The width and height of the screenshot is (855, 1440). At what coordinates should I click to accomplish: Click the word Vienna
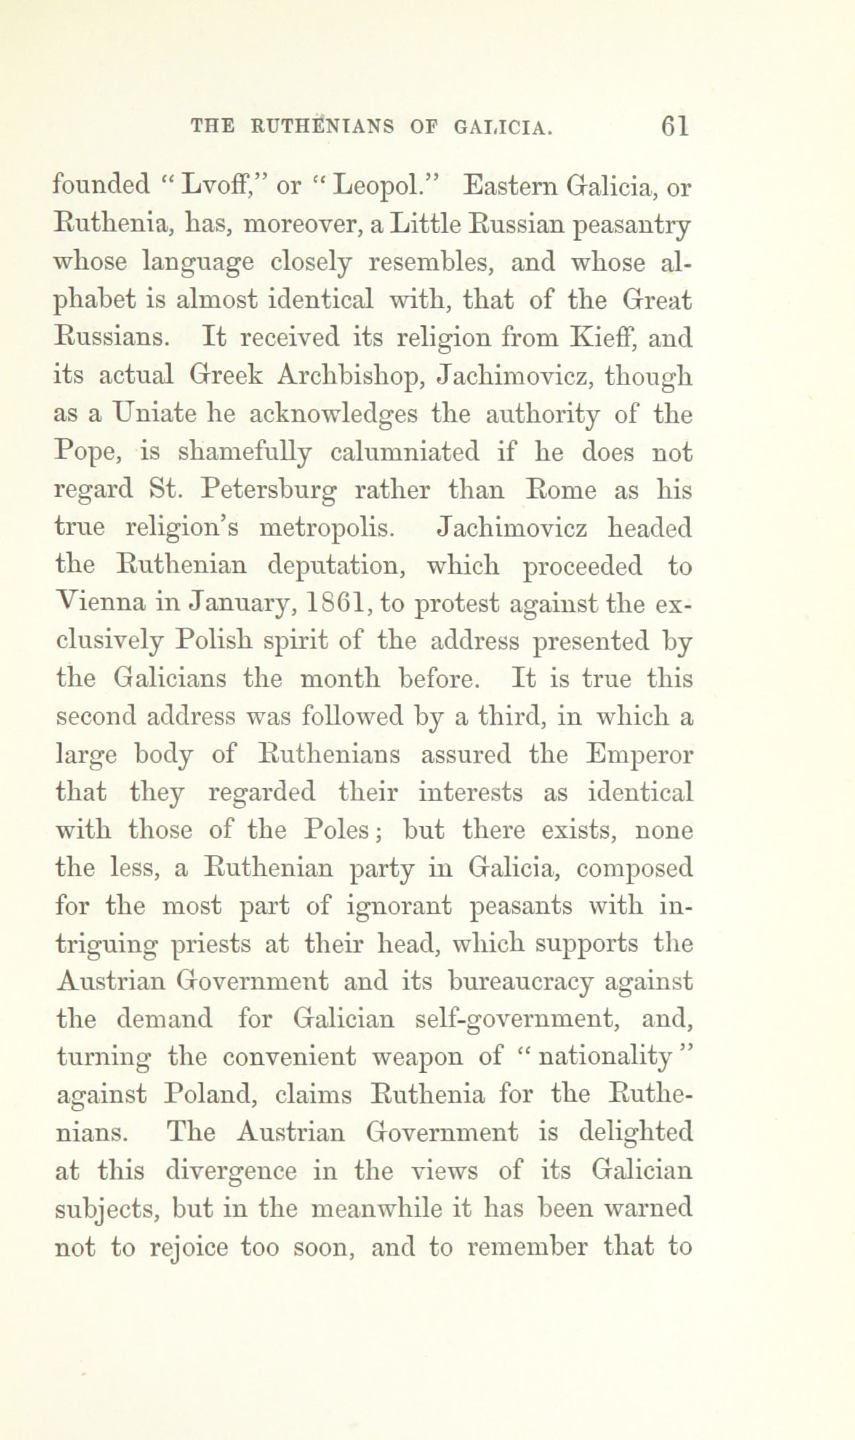click(100, 604)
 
